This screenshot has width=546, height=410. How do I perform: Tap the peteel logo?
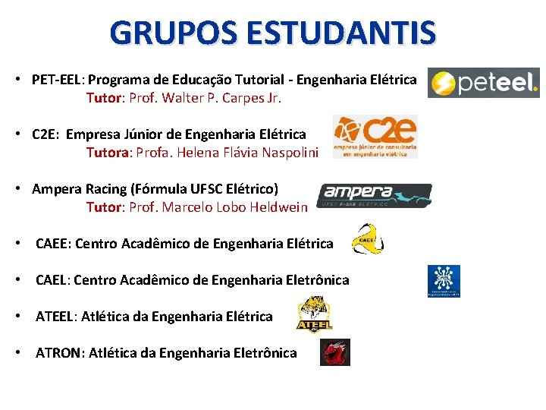[x=483, y=83]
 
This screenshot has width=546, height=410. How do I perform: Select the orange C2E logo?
[x=375, y=137]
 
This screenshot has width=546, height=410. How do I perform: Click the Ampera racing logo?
[x=374, y=195]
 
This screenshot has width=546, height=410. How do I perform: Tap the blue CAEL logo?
[x=444, y=281]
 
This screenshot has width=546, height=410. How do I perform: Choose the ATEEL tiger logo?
[x=314, y=314]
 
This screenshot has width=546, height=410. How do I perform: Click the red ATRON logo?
[x=334, y=352]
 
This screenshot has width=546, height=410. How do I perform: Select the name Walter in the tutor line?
[x=181, y=98]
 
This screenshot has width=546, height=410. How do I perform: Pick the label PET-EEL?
[x=58, y=80]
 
